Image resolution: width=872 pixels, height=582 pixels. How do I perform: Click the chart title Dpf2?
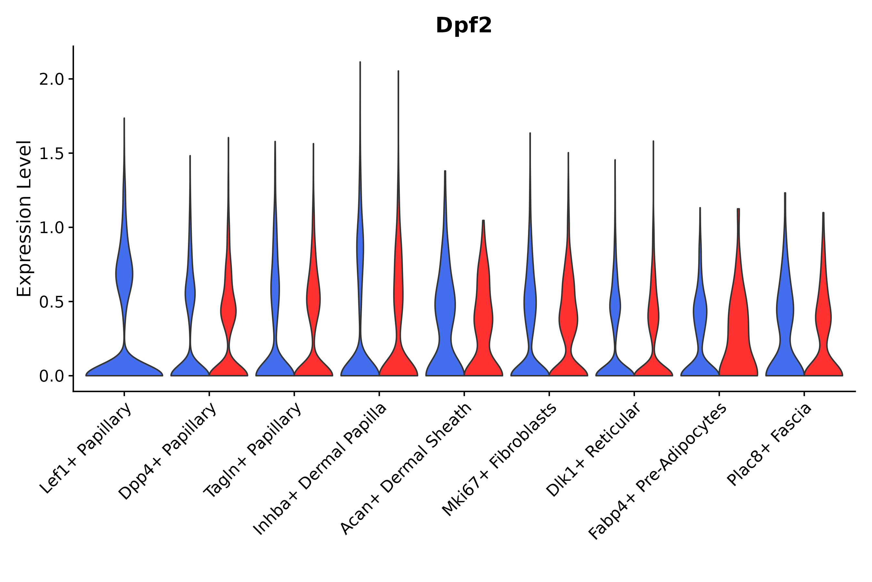[x=463, y=26]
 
